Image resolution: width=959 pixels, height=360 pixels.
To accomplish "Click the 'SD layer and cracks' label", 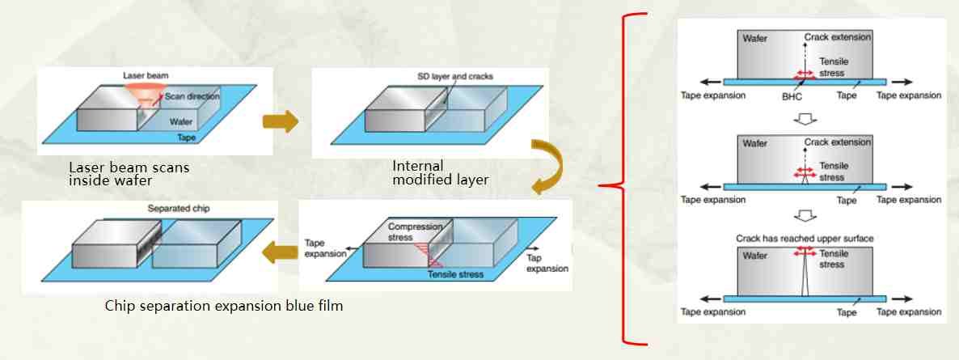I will (x=450, y=77).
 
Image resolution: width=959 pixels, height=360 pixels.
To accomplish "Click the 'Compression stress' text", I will (x=412, y=232).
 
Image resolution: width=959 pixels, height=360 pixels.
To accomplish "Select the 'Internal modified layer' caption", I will (x=440, y=172).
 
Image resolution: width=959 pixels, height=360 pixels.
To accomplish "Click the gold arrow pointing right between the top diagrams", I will (x=281, y=122).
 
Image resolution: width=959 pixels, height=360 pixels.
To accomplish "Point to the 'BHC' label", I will (x=792, y=95).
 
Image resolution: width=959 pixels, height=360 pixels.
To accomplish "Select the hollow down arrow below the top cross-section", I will (x=804, y=119).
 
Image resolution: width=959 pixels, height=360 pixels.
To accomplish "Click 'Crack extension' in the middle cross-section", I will (x=836, y=143).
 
